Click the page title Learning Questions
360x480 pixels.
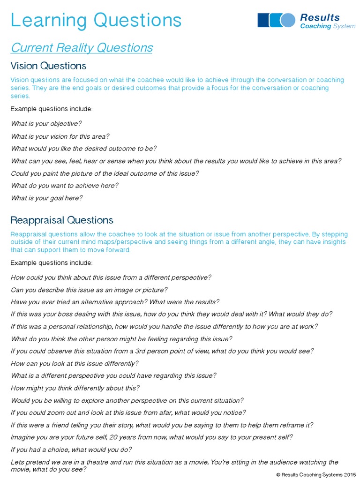click(x=96, y=20)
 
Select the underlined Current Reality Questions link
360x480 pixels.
click(x=82, y=48)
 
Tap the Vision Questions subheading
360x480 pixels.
click(x=48, y=65)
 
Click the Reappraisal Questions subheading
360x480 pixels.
click(x=62, y=220)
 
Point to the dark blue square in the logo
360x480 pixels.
click(x=263, y=20)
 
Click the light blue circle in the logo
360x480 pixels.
click(x=288, y=20)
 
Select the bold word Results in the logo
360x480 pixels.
click(x=320, y=17)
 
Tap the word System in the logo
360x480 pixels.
click(x=344, y=26)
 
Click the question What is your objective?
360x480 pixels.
click(x=46, y=123)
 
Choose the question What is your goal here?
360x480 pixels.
click(x=46, y=198)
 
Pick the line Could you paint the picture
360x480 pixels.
click(x=105, y=173)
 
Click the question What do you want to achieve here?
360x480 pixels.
click(x=64, y=185)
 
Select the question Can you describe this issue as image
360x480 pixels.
click(x=89, y=290)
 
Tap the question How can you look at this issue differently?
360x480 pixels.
click(x=75, y=363)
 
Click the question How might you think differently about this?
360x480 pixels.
click(x=75, y=388)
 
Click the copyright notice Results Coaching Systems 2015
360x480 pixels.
click(x=316, y=474)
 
